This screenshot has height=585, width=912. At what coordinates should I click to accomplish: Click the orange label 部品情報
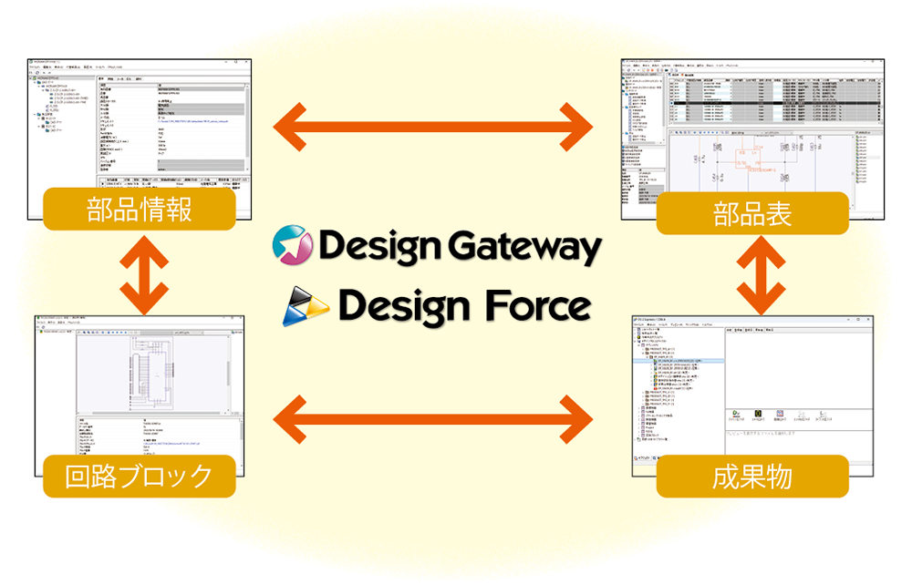point(140,210)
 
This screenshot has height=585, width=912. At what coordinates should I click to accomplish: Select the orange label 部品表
point(752,215)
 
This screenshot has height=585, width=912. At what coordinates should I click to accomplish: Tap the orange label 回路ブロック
point(140,476)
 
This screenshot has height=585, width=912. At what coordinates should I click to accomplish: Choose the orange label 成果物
point(752,476)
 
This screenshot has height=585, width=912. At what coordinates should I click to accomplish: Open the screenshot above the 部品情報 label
point(138,123)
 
